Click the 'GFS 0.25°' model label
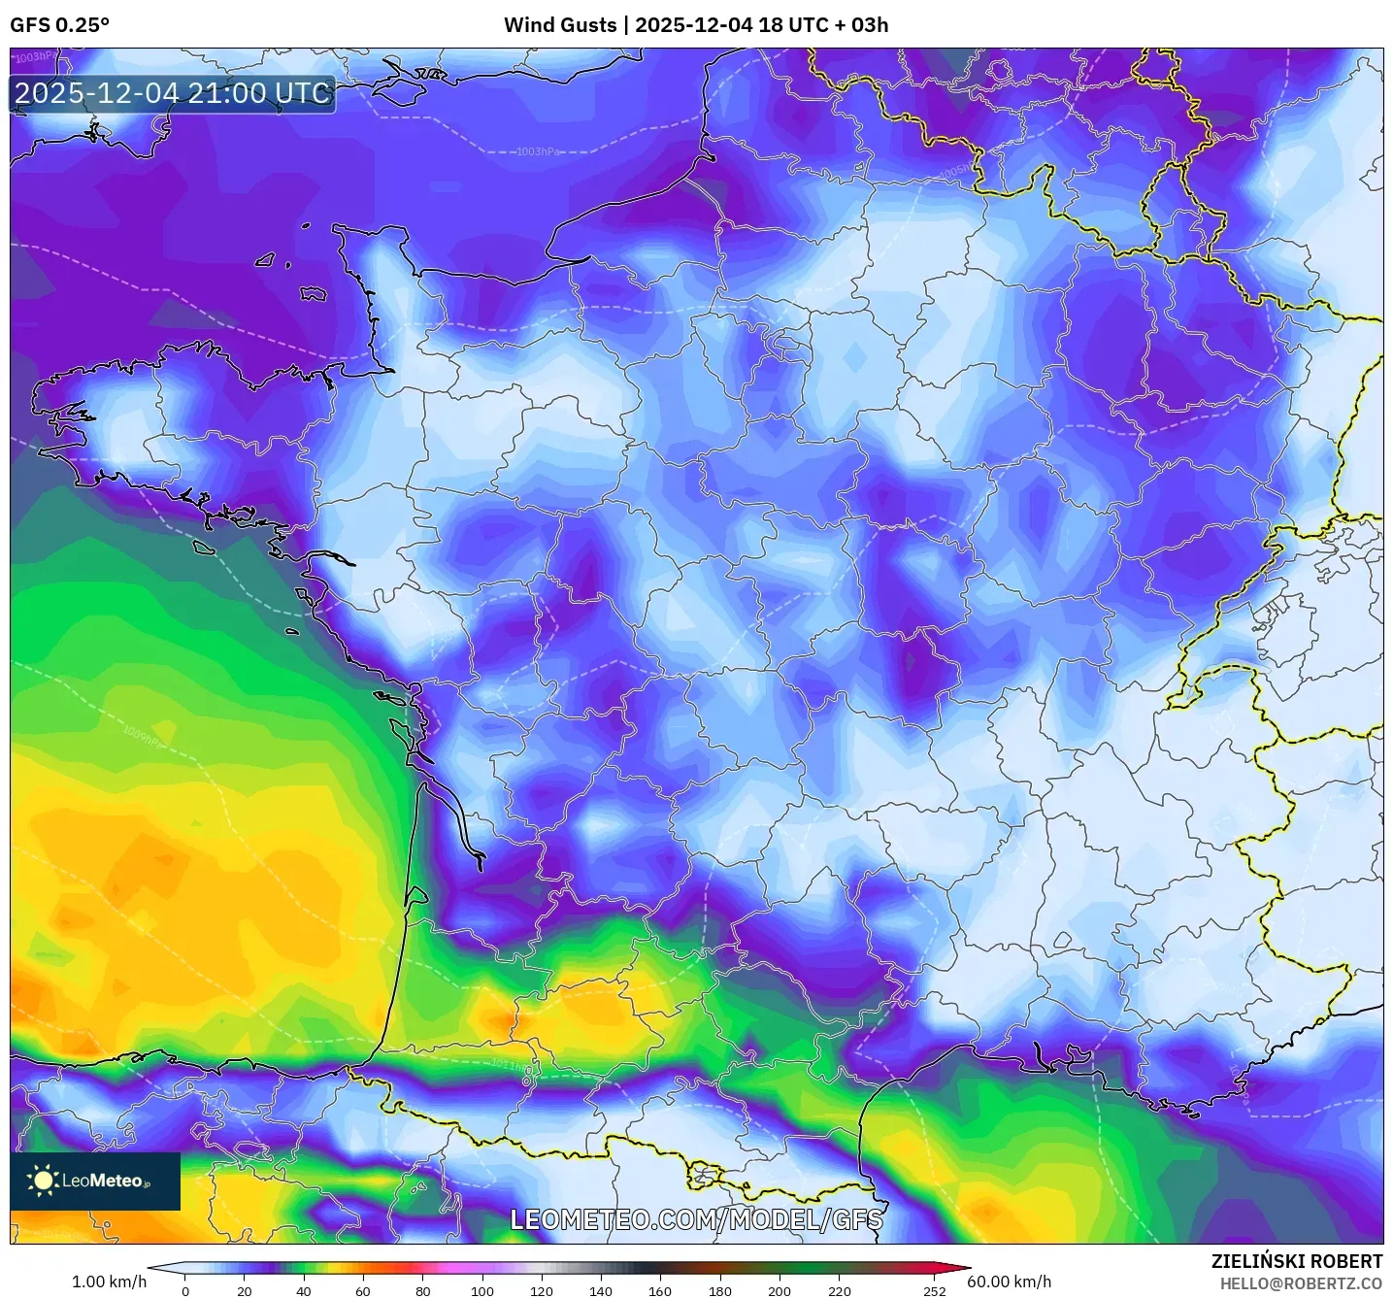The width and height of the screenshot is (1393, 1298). pyautogui.click(x=59, y=25)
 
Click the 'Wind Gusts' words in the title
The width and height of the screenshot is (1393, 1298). pyautogui.click(x=559, y=25)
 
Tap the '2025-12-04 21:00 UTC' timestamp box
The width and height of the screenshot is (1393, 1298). pyautogui.click(x=173, y=94)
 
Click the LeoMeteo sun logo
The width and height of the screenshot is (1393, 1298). pyautogui.click(x=43, y=1180)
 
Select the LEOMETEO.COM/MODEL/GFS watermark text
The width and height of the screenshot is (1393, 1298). pyautogui.click(x=696, y=1219)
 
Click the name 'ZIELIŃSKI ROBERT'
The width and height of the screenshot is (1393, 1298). pyautogui.click(x=1296, y=1261)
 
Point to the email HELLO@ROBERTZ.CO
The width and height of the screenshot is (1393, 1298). pyautogui.click(x=1300, y=1283)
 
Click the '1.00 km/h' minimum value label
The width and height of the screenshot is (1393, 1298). pyautogui.click(x=109, y=1281)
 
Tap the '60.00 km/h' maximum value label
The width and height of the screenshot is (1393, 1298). pyautogui.click(x=1009, y=1281)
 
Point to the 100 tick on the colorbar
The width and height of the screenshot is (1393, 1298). pyautogui.click(x=481, y=1291)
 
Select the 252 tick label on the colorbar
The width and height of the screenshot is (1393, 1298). pyautogui.click(x=934, y=1291)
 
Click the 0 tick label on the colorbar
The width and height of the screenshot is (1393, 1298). pyautogui.click(x=185, y=1291)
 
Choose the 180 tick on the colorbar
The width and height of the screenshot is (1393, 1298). pyautogui.click(x=719, y=1291)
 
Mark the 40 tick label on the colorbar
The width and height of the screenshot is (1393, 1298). pyautogui.click(x=304, y=1291)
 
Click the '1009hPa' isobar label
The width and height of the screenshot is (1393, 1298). pyautogui.click(x=143, y=737)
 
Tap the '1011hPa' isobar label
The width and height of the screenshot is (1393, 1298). pyautogui.click(x=511, y=1065)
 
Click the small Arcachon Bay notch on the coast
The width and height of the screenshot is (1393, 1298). pyautogui.click(x=414, y=896)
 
